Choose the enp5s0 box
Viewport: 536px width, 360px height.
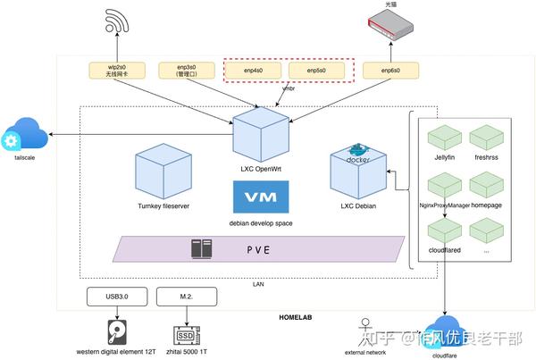(x=315, y=70)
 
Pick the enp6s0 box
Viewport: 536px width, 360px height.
(x=389, y=70)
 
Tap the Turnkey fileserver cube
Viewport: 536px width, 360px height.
(x=163, y=175)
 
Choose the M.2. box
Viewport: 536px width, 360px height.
(x=183, y=297)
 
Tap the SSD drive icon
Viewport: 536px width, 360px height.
(x=183, y=333)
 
